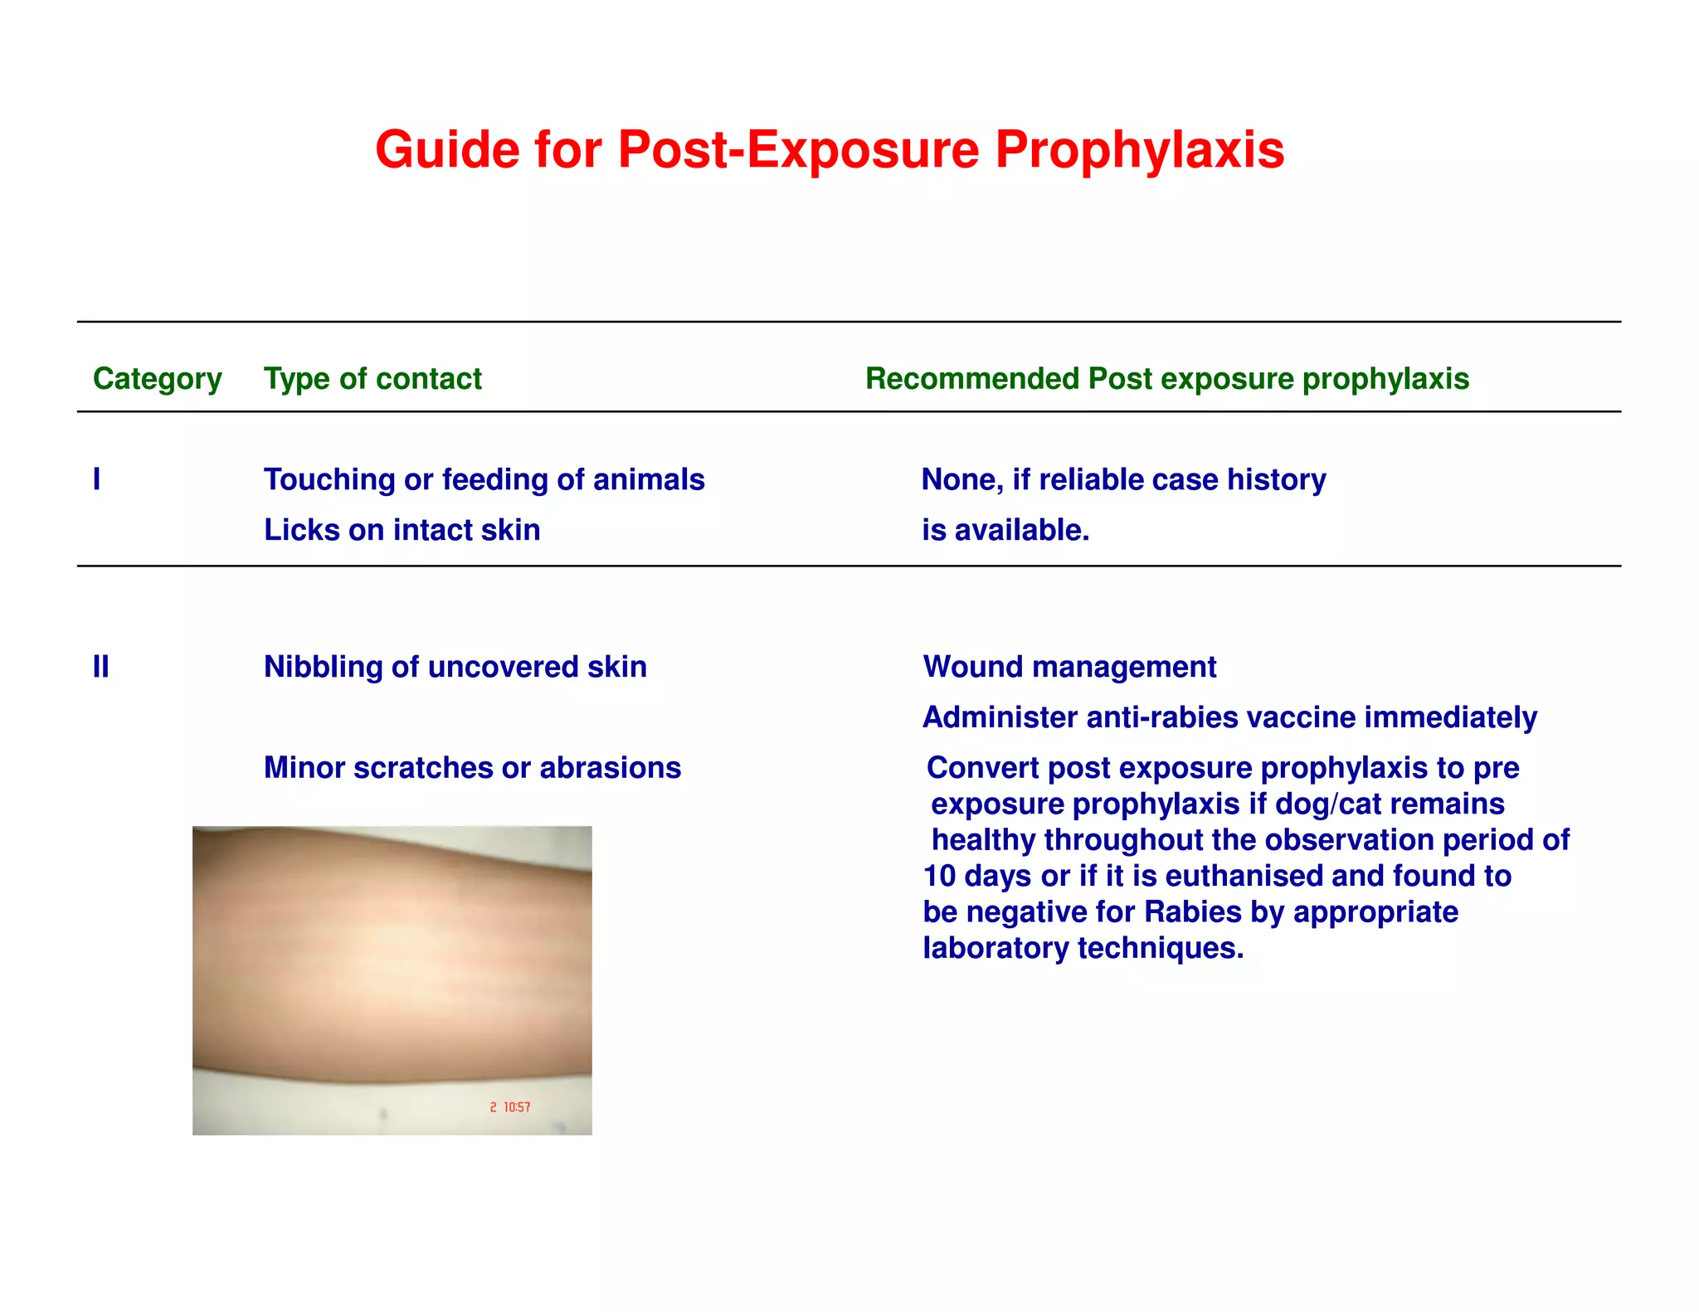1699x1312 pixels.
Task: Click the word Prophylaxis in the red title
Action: pyautogui.click(x=1139, y=150)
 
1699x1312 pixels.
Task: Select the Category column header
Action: pyautogui.click(x=157, y=379)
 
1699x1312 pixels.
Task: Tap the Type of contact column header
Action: pyautogui.click(x=372, y=379)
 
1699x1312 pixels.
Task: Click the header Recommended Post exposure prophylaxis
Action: pyautogui.click(x=1166, y=379)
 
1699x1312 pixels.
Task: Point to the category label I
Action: pyautogui.click(x=97, y=479)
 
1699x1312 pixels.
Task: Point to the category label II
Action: pyautogui.click(x=100, y=667)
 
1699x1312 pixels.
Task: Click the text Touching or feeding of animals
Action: pyautogui.click(x=484, y=480)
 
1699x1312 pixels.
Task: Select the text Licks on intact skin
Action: pyautogui.click(x=402, y=530)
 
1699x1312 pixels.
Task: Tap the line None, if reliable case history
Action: pyautogui.click(x=1123, y=480)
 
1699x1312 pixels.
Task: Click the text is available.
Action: pyautogui.click(x=1005, y=530)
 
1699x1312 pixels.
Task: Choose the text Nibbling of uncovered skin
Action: pyautogui.click(x=455, y=667)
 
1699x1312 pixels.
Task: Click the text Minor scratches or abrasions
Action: pyautogui.click(x=472, y=768)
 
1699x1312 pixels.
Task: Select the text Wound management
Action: pyautogui.click(x=1069, y=667)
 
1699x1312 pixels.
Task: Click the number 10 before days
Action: pyautogui.click(x=939, y=876)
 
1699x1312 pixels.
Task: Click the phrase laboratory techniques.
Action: pyautogui.click(x=1083, y=948)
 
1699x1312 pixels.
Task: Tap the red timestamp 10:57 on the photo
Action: pyautogui.click(x=517, y=1107)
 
